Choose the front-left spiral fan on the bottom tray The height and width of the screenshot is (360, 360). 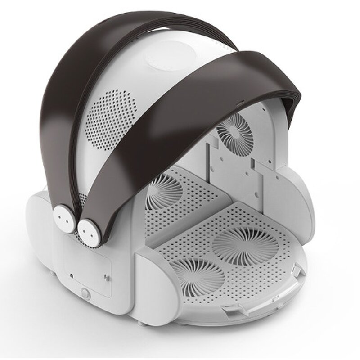coord(198,278)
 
